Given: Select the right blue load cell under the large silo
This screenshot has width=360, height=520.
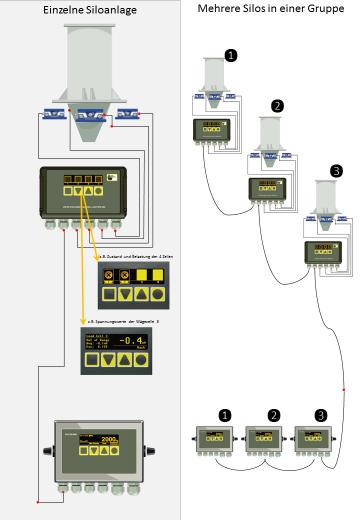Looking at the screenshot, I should (x=127, y=115).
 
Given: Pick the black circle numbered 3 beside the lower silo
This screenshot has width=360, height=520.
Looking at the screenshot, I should (x=336, y=171).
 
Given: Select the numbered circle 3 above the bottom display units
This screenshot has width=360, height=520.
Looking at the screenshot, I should (x=320, y=413).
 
